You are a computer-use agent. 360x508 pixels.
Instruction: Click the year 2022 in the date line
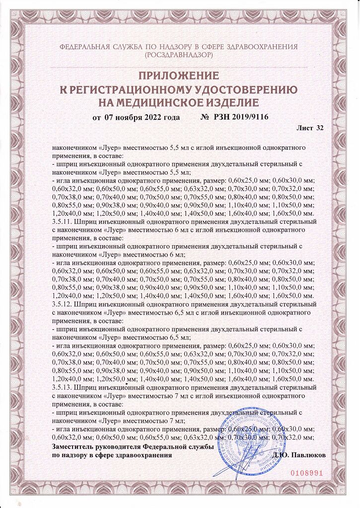(x=154, y=117)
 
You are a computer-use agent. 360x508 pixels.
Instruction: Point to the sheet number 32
(x=320, y=128)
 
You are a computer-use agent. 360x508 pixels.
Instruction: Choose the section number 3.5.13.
(x=63, y=385)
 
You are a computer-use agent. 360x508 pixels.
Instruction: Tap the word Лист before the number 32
(x=304, y=128)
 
